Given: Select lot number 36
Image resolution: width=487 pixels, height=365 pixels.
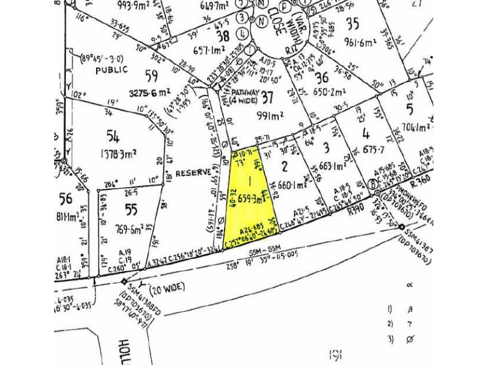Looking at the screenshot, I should (x=322, y=76).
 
